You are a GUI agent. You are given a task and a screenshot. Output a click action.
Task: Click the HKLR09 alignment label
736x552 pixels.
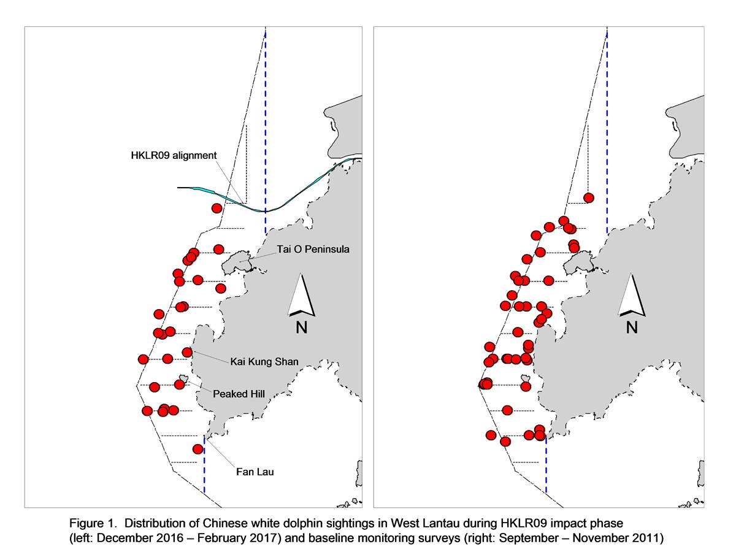pyautogui.click(x=174, y=156)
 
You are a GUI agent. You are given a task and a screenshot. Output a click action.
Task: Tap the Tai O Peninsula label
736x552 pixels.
pyautogui.click(x=313, y=250)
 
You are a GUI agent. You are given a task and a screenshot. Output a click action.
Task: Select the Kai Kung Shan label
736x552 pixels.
pyautogui.click(x=264, y=362)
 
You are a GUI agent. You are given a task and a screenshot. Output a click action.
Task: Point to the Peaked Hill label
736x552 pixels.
pyautogui.click(x=239, y=394)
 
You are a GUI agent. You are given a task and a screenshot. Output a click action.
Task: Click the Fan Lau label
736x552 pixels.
pyautogui.click(x=255, y=472)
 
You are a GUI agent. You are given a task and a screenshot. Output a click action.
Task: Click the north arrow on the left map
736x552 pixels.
pyautogui.click(x=301, y=295)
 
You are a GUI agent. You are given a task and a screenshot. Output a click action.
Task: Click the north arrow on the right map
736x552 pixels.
pyautogui.click(x=631, y=295)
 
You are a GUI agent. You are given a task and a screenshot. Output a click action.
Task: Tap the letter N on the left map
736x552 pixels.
pyautogui.click(x=301, y=327)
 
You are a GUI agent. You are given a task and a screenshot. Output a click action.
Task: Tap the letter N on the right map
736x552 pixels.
pyautogui.click(x=632, y=327)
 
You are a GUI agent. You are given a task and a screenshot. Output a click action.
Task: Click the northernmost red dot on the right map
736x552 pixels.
pyautogui.click(x=588, y=197)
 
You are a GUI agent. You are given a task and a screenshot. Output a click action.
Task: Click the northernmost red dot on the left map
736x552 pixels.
pyautogui.click(x=217, y=208)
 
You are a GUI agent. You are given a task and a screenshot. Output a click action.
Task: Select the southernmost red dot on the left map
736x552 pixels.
pyautogui.click(x=198, y=449)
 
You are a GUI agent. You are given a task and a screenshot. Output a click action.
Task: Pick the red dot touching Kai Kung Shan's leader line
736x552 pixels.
pyautogui.click(x=187, y=352)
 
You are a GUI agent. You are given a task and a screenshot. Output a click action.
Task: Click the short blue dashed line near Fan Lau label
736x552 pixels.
pyautogui.click(x=204, y=464)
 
